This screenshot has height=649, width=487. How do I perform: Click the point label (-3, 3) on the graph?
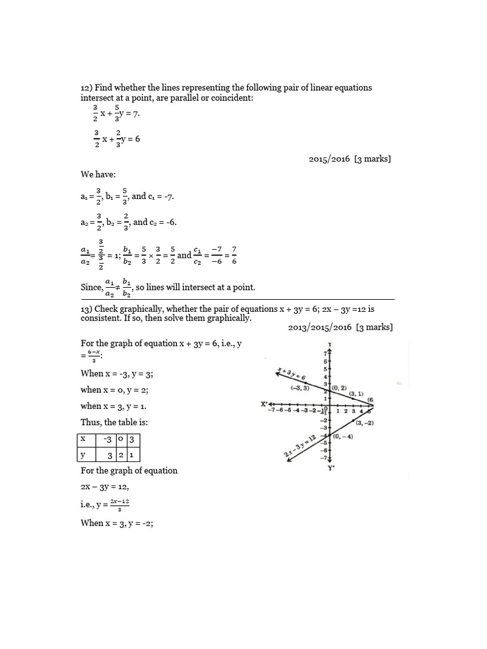coord(299,388)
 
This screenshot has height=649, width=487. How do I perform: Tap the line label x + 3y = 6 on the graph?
coord(291,374)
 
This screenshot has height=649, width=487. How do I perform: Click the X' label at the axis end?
coord(264,403)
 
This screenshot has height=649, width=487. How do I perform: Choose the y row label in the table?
coord(83,455)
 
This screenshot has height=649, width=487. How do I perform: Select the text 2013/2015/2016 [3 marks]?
coord(340,327)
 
